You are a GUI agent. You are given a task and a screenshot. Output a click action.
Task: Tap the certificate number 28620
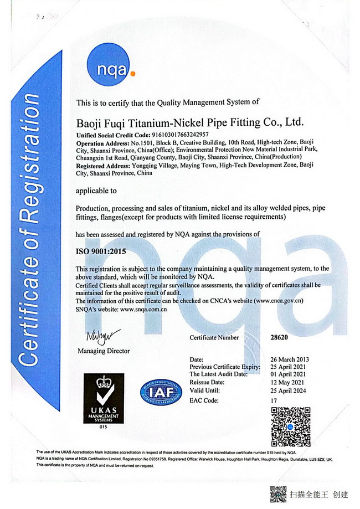pyautogui.click(x=279, y=337)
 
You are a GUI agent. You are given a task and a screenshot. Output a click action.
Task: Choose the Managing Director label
pyautogui.click(x=104, y=351)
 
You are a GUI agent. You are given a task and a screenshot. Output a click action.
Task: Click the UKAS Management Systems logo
pyautogui.click(x=104, y=397)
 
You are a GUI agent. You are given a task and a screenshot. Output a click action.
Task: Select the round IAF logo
pyautogui.click(x=161, y=393)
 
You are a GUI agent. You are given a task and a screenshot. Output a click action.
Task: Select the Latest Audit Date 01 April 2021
pyautogui.click(x=287, y=375)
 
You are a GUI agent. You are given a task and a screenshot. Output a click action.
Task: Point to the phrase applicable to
pyautogui.click(x=96, y=191)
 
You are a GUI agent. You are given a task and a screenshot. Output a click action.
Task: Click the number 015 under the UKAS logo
pyautogui.click(x=102, y=427)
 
